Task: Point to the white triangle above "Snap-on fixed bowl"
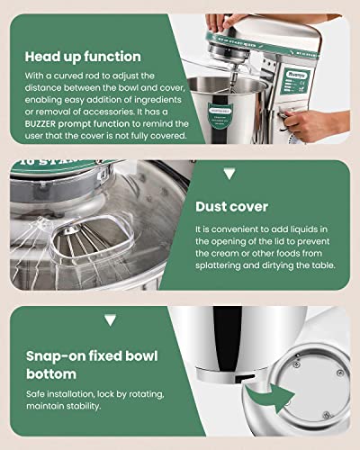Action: tap(110, 319)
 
